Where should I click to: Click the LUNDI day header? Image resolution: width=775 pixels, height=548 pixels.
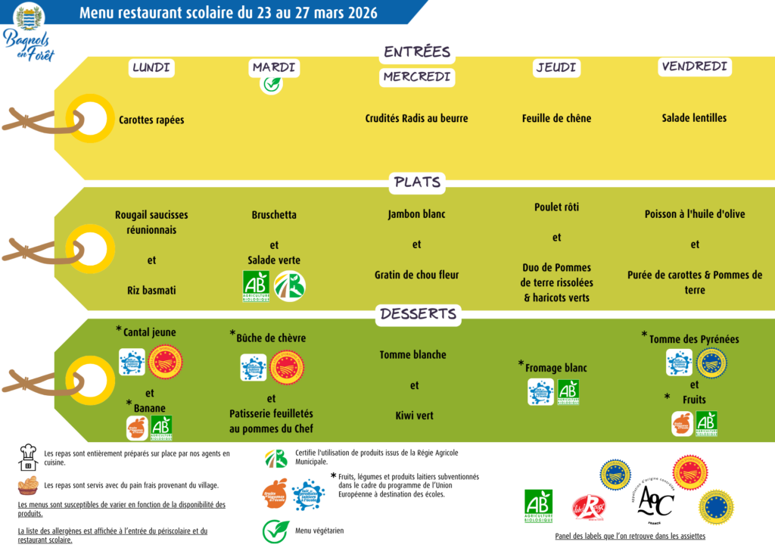[x=151, y=67]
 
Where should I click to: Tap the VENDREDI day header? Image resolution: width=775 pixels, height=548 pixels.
[x=694, y=67]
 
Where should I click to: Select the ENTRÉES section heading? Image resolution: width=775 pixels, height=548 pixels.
[x=417, y=52]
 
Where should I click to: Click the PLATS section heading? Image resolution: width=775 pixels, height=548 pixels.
[x=417, y=182]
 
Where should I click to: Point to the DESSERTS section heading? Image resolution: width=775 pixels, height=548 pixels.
[x=418, y=314]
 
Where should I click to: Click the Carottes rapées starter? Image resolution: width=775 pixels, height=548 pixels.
[x=151, y=120]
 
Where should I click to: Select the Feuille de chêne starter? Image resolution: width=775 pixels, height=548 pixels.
[x=556, y=118]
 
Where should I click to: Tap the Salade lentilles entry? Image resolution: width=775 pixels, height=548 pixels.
[x=694, y=118]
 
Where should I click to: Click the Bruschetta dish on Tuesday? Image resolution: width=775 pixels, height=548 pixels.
[x=274, y=215]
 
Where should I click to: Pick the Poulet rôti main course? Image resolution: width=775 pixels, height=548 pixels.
[x=556, y=207]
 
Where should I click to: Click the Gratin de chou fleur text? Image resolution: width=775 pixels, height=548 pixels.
[x=416, y=275]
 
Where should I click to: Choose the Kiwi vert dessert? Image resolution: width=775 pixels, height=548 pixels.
[x=414, y=416]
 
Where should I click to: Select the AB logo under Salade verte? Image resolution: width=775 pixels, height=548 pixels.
[x=256, y=286]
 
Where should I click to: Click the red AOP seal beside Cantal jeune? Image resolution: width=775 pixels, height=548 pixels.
[x=164, y=362]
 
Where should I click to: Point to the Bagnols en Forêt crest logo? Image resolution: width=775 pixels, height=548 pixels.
[x=29, y=17]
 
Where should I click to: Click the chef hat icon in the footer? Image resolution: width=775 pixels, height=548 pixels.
[x=28, y=456]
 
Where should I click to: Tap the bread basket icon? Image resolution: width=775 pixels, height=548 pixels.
[x=28, y=485]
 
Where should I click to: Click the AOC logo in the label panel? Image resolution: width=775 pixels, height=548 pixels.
[x=654, y=500]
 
